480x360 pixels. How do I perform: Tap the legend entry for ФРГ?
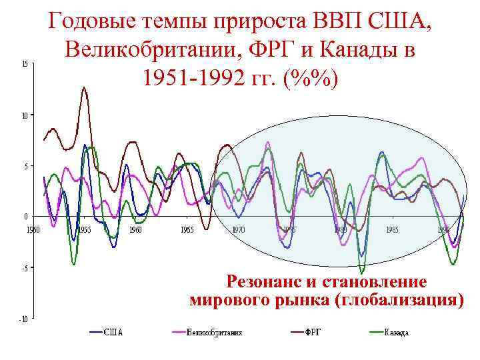[313, 332]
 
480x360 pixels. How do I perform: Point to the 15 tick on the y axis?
[24, 64]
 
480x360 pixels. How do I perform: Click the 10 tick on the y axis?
[24, 115]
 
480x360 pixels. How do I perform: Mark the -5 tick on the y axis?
[23, 268]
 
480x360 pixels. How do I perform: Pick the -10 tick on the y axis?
[23, 319]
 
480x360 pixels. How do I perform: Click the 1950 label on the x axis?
[33, 229]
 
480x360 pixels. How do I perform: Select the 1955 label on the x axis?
[85, 229]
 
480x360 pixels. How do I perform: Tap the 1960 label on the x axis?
[135, 229]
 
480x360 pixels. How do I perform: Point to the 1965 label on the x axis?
[187, 229]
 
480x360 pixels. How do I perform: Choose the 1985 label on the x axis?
[391, 229]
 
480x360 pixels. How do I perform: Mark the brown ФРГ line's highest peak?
[84, 87]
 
